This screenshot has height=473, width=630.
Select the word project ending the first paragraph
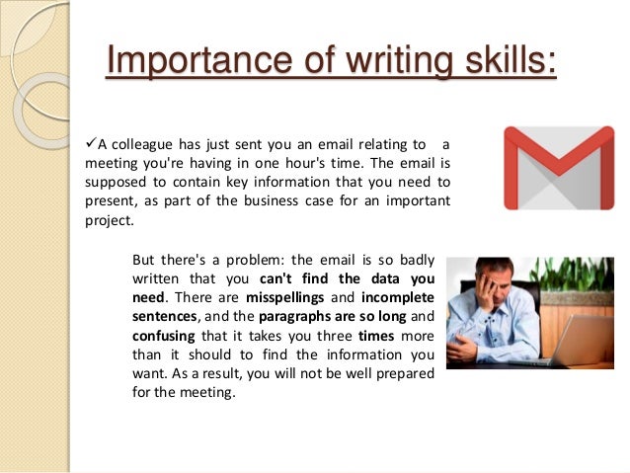108,221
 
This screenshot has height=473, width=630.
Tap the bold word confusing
162,336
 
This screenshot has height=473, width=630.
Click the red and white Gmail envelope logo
558,168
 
